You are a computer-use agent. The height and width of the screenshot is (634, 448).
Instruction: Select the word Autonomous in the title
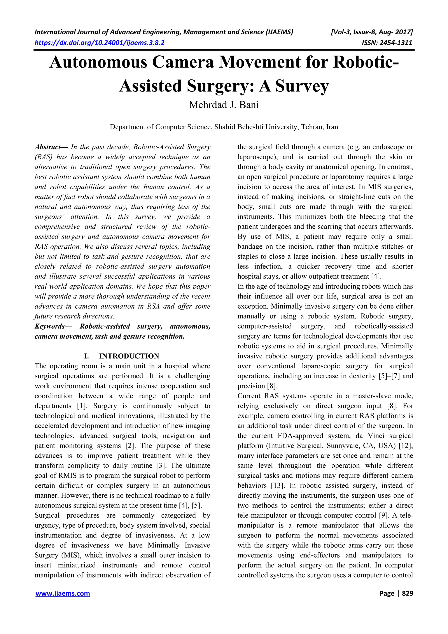click(x=98, y=62)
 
